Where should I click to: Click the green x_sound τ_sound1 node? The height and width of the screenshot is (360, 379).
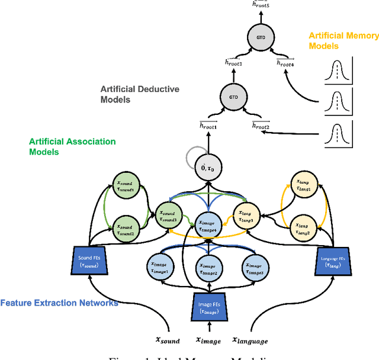[x=126, y=186]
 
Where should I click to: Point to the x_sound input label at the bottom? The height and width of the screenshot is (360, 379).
[x=168, y=340]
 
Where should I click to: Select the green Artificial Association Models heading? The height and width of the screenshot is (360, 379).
[x=72, y=146]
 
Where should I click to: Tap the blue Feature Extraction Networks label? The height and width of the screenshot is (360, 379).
[x=59, y=303]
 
